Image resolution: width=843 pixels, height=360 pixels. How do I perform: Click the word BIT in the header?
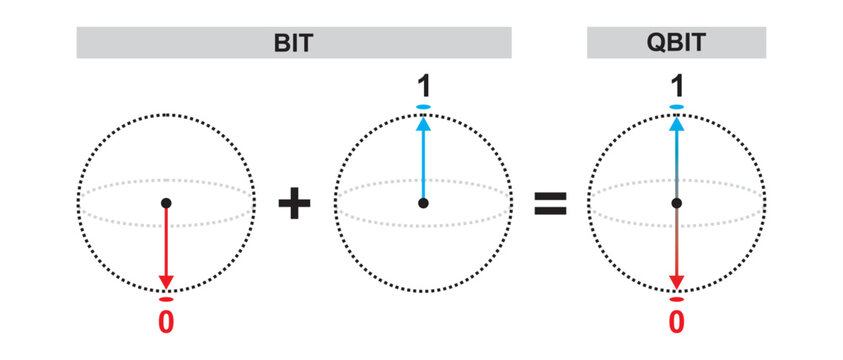[x=295, y=43]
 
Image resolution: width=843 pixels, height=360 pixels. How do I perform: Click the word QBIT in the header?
[x=676, y=43]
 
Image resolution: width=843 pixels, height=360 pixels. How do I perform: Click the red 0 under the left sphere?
[x=167, y=322]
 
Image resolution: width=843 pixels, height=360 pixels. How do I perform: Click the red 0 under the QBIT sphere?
[x=677, y=322]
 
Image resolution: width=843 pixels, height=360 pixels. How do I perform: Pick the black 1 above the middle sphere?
[x=423, y=86]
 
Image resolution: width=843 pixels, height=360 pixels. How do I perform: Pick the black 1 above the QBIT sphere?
[x=677, y=86]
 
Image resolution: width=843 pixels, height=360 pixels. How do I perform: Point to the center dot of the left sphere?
[x=167, y=203]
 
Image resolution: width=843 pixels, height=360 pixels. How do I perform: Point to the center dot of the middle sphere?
[x=423, y=203]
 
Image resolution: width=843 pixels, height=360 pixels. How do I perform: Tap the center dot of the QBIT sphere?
[x=677, y=203]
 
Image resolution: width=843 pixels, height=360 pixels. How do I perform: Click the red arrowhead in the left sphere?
[x=167, y=281]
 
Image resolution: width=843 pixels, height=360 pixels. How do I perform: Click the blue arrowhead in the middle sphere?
[x=423, y=125]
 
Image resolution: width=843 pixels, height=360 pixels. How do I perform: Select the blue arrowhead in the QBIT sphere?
[x=677, y=125]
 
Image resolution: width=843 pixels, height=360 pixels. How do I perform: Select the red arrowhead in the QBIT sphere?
[x=677, y=281]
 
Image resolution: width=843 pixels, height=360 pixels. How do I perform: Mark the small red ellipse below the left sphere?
[x=167, y=299]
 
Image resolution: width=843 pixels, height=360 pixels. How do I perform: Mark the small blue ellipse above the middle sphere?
[x=423, y=106]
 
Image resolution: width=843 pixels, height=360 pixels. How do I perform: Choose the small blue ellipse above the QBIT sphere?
[x=677, y=106]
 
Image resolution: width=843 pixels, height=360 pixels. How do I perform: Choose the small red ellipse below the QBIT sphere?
[x=677, y=299]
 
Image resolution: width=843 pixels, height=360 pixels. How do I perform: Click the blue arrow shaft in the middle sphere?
[x=423, y=165]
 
